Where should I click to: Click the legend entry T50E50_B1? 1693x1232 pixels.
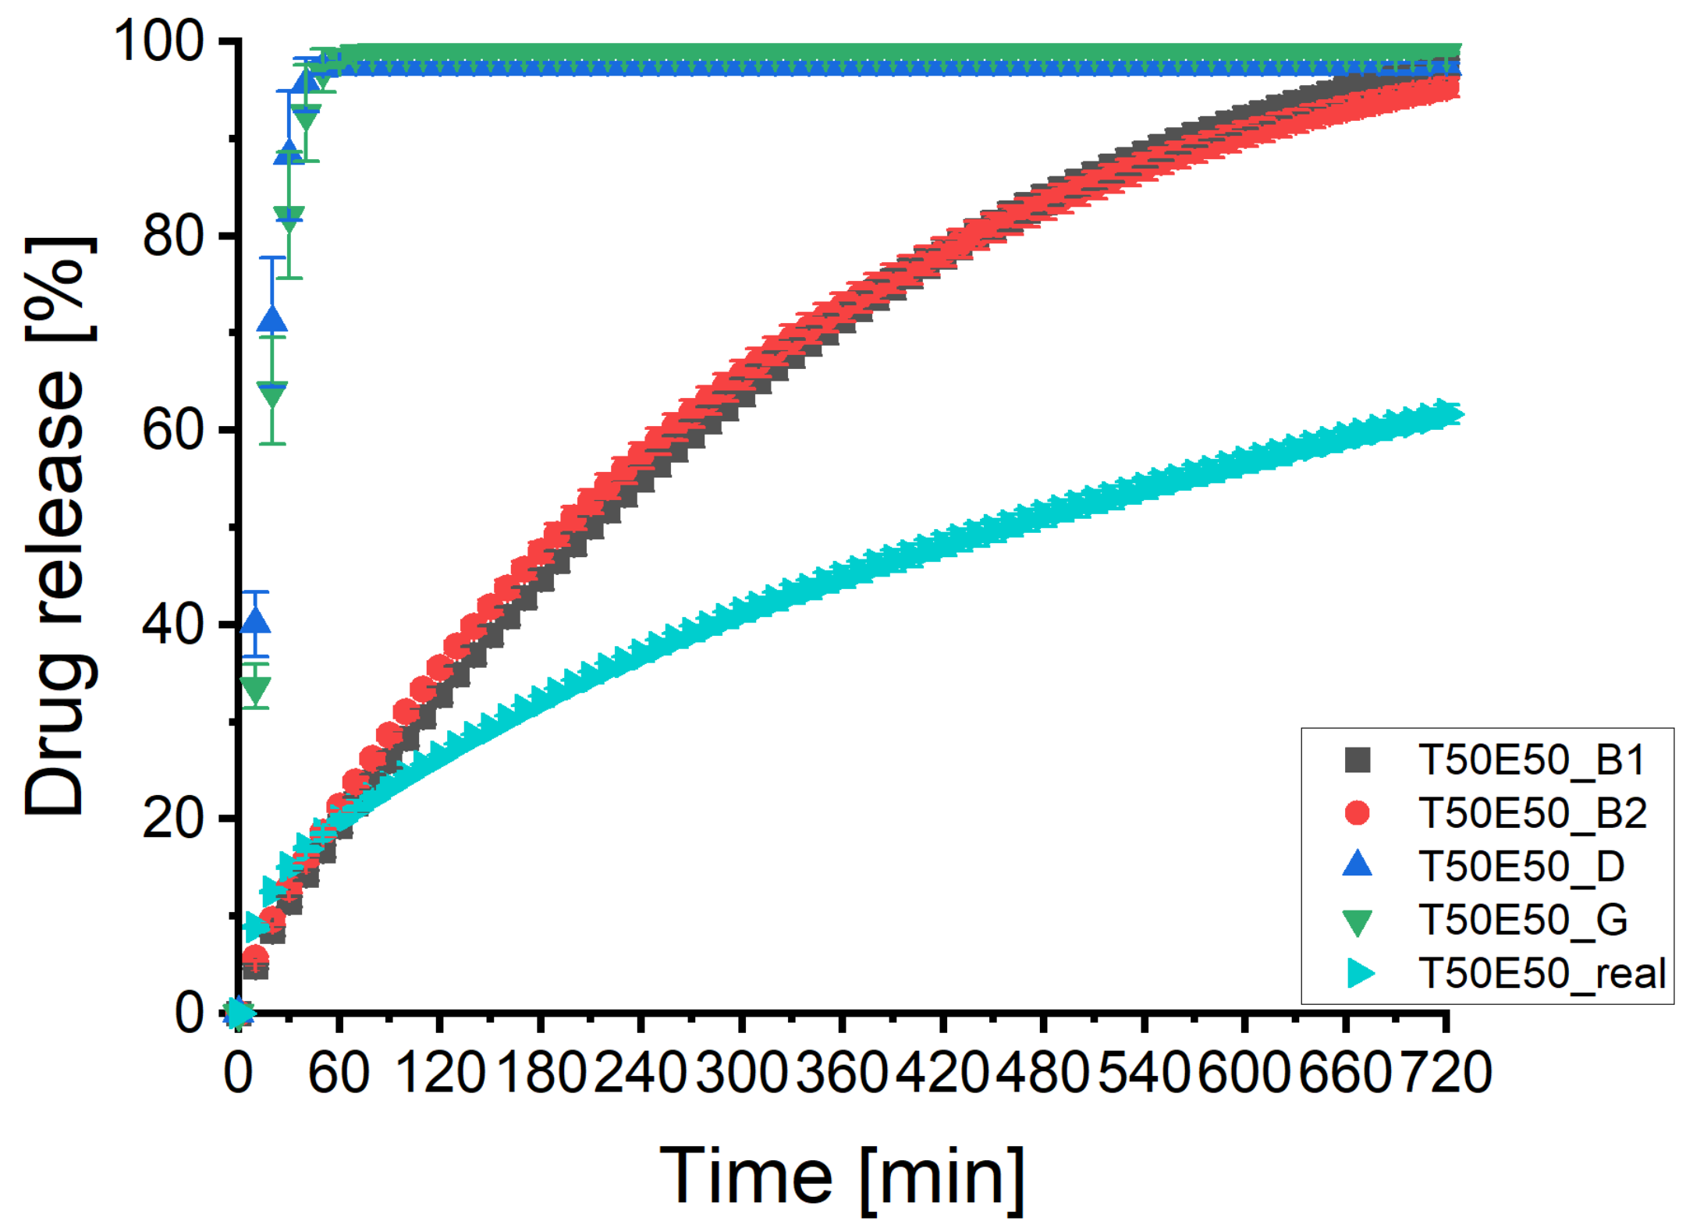pos(1532,760)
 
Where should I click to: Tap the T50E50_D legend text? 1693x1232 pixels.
pos(1521,866)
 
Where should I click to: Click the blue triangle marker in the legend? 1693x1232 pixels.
pos(1358,865)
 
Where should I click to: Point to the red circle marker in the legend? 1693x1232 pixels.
pos(1358,813)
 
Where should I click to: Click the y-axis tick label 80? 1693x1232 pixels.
pos(173,236)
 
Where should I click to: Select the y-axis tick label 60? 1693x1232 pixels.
pos(173,430)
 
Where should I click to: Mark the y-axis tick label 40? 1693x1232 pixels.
pos(173,624)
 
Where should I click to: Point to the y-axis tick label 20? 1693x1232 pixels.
pos(173,818)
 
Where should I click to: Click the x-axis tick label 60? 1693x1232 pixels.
pos(338,1073)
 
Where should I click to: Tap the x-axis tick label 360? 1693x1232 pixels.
pos(842,1073)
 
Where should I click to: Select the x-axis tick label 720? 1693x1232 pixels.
pos(1446,1073)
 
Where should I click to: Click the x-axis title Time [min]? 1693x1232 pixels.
pos(842,1177)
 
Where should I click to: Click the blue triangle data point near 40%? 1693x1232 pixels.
pos(255,622)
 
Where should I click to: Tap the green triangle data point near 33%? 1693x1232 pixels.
pos(255,689)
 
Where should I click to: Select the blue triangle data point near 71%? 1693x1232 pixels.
pos(272,321)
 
